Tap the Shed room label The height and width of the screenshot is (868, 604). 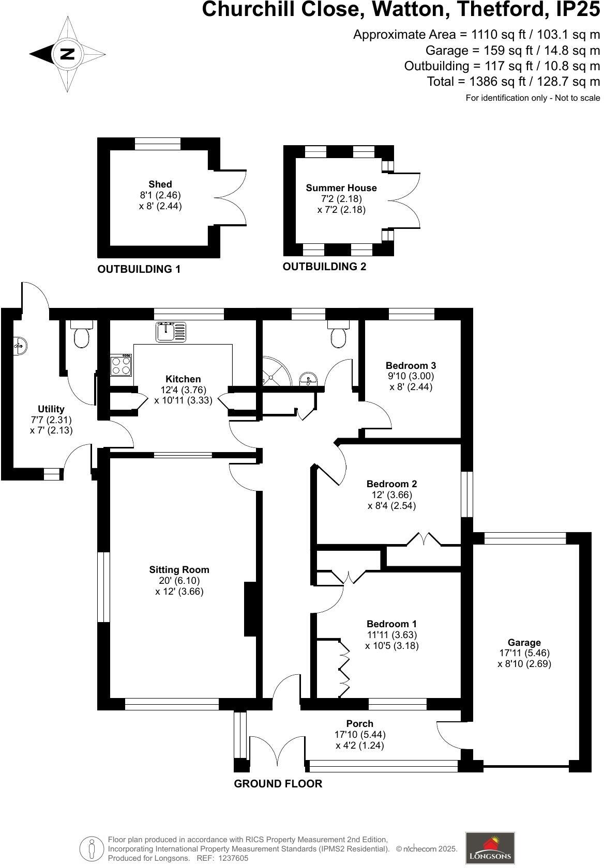[160, 184]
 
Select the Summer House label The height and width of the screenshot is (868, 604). [341, 188]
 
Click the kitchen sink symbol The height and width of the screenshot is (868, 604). [171, 331]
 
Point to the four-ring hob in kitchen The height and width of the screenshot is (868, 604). [122, 365]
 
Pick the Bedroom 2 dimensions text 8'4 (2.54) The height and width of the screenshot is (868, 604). [391, 506]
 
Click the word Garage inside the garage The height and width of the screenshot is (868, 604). [524, 643]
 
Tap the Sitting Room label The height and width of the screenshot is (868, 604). [179, 570]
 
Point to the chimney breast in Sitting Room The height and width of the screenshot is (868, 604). [251, 609]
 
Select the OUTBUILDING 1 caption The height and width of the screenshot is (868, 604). [139, 269]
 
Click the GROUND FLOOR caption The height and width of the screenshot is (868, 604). [278, 784]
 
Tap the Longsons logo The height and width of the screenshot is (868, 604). [490, 847]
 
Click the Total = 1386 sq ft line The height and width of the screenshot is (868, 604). [514, 82]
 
